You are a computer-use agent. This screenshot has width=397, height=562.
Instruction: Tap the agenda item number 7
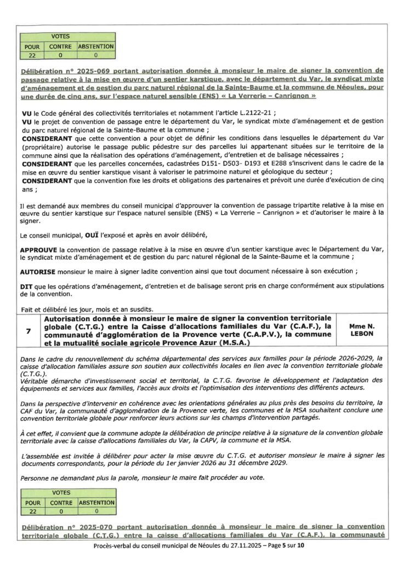pos(29,331)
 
